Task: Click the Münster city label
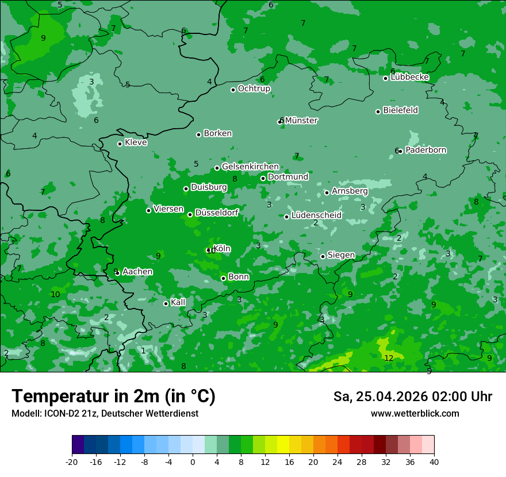pyautogui.click(x=301, y=121)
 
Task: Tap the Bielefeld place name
pyautogui.click(x=400, y=110)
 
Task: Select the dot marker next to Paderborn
pyautogui.click(x=400, y=151)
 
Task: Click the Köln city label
pyautogui.click(x=222, y=249)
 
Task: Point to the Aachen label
pyautogui.click(x=137, y=272)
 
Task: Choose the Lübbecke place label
pyautogui.click(x=409, y=78)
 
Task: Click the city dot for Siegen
pyautogui.click(x=323, y=256)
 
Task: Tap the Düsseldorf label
pyautogui.click(x=217, y=213)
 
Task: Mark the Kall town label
pyautogui.click(x=178, y=302)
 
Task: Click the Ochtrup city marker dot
pyautogui.click(x=233, y=90)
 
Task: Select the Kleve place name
pyautogui.click(x=136, y=143)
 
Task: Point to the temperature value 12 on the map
pyautogui.click(x=389, y=358)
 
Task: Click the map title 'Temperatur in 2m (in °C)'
pyautogui.click(x=113, y=397)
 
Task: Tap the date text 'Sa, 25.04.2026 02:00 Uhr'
pyautogui.click(x=412, y=397)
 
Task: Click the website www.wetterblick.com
pyautogui.click(x=415, y=413)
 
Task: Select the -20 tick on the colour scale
pyautogui.click(x=72, y=461)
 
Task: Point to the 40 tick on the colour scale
pyautogui.click(x=434, y=461)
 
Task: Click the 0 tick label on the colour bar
pyautogui.click(x=193, y=461)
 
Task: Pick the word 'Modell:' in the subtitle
pyautogui.click(x=26, y=413)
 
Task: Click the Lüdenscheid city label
pyautogui.click(x=316, y=216)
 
